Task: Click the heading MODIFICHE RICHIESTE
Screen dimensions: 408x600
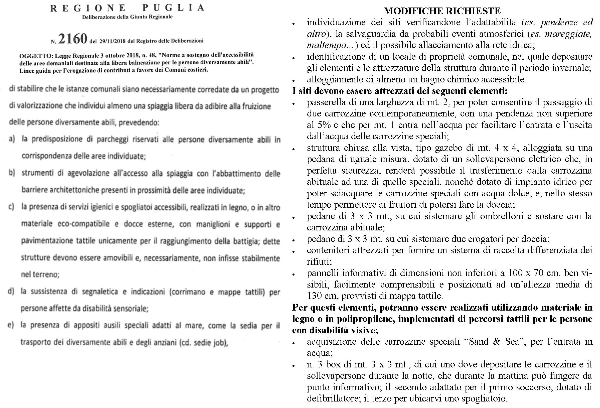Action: (x=442, y=11)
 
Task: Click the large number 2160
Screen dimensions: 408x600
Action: (x=73, y=39)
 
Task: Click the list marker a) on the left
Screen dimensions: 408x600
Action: (x=12, y=140)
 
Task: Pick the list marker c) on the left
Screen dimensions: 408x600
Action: (x=11, y=207)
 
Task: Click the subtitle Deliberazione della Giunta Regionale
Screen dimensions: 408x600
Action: (x=127, y=17)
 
